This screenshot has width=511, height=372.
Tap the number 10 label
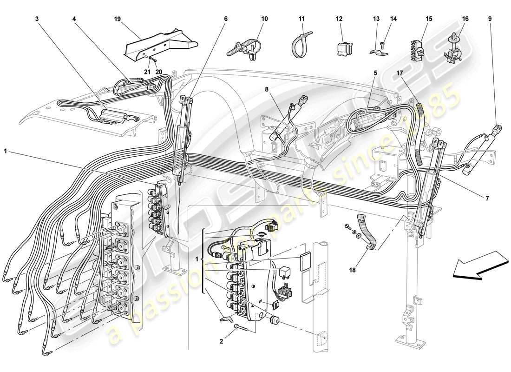pyautogui.click(x=264, y=19)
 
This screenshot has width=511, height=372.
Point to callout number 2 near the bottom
pyautogui.click(x=222, y=342)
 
